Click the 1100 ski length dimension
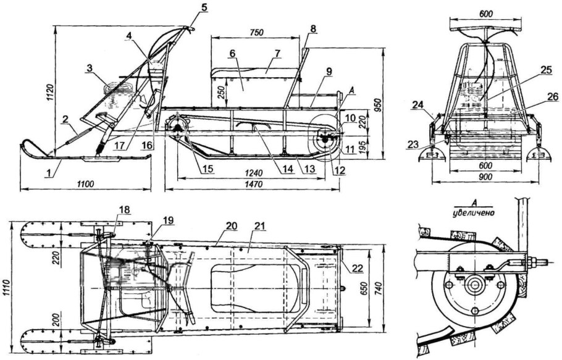85,184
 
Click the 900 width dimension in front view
485,177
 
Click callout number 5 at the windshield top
204,7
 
